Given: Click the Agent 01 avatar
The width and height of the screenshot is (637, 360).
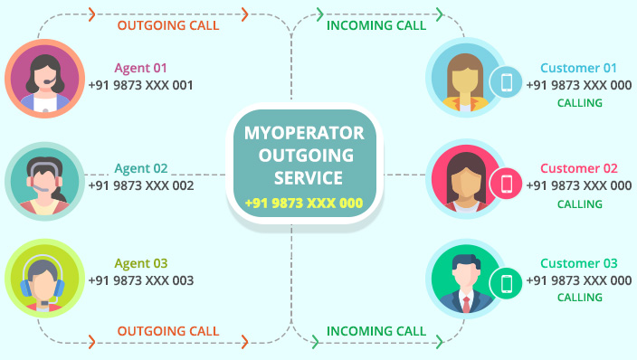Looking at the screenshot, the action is [44, 79].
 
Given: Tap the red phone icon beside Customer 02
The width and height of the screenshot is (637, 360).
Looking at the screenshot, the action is [507, 185].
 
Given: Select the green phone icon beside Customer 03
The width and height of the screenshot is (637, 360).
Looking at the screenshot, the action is [507, 284].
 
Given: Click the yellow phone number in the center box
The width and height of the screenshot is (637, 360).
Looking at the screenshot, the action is [303, 204].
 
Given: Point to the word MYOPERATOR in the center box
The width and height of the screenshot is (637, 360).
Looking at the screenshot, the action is [304, 133].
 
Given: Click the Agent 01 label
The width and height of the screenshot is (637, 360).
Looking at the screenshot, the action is [140, 68].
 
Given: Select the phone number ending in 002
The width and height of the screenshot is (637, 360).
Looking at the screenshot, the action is [140, 185].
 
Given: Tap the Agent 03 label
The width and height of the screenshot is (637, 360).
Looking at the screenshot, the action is [140, 263].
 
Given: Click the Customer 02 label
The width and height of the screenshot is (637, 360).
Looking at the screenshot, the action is [579, 168].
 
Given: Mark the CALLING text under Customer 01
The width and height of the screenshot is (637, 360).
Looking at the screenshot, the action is [579, 103].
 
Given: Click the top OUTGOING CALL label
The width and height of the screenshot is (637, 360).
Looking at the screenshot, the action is [168, 25].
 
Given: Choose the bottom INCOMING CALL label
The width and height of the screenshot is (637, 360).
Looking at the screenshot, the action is [376, 331].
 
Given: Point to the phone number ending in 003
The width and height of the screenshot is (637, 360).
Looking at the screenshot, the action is [140, 280].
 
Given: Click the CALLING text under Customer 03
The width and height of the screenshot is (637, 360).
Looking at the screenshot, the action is [579, 298].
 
